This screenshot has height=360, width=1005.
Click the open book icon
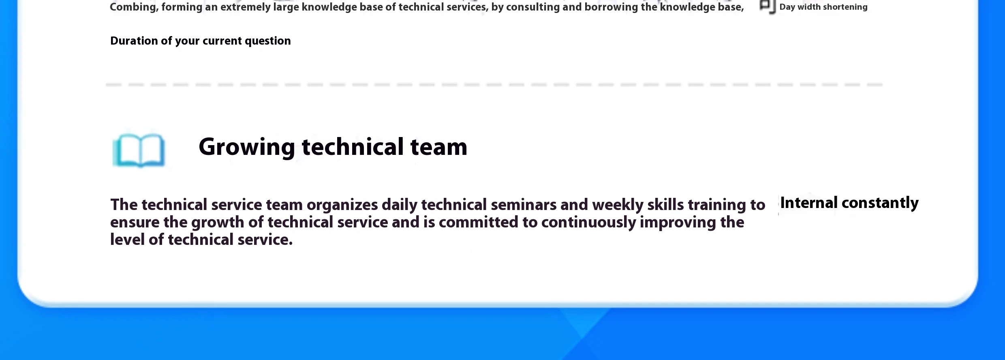pos(139,150)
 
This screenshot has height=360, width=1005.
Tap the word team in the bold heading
pos(439,147)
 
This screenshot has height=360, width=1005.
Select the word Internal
pos(809,203)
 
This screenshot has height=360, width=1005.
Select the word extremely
pos(245,7)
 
